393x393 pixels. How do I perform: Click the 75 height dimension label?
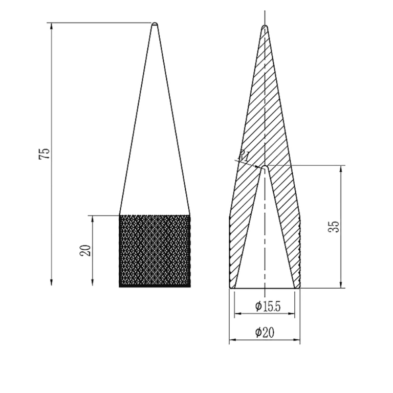tap(45, 154)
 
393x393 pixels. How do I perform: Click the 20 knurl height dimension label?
tap(85, 250)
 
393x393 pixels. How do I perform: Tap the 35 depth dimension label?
tap(334, 227)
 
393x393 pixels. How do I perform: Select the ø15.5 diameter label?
tap(268, 307)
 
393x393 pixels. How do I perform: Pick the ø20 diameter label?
tap(265, 333)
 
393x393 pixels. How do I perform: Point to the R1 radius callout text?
tap(244, 156)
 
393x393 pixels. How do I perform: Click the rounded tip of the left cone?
tap(155, 24)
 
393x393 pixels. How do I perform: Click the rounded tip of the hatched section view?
tap(265, 27)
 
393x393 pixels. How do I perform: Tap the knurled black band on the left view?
tap(155, 251)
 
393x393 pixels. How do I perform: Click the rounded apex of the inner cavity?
tap(265, 167)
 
